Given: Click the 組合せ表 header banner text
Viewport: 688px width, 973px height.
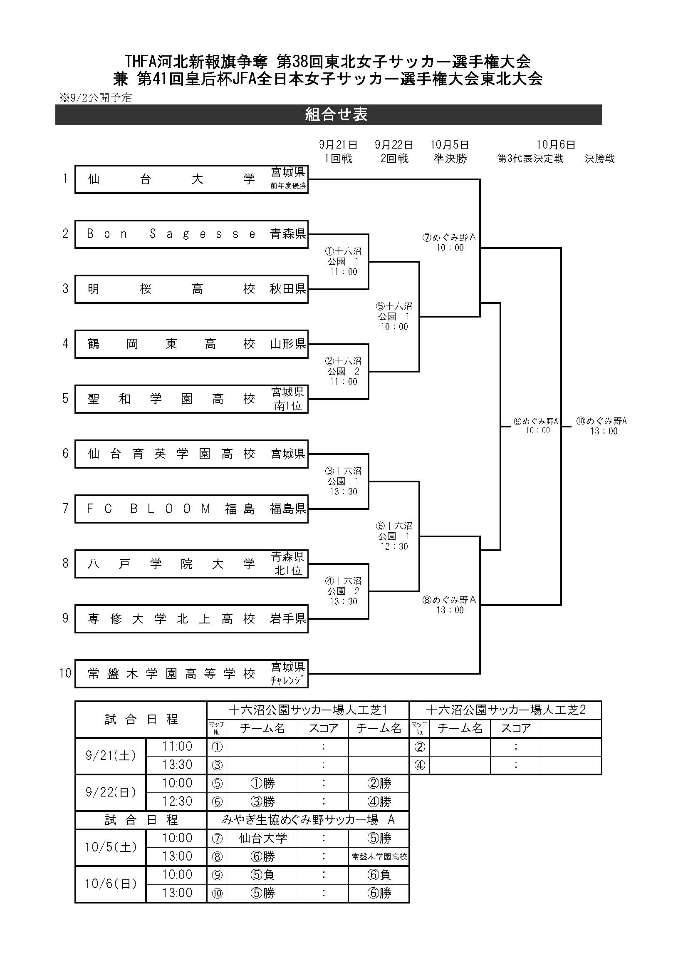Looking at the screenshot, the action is [x=337, y=114].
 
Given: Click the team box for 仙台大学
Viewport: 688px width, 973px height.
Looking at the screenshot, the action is [x=191, y=179].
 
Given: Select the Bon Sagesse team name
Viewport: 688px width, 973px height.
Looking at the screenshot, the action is [x=171, y=234].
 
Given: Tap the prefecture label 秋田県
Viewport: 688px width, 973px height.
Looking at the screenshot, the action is [x=288, y=289].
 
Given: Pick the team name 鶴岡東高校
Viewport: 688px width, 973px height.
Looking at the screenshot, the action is [x=171, y=344].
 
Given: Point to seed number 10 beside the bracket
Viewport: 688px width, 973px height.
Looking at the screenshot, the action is [x=65, y=673].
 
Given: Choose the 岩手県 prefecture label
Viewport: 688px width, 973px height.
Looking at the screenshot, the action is [x=288, y=618].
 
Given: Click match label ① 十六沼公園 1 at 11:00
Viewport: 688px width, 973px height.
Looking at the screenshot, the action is [x=344, y=261].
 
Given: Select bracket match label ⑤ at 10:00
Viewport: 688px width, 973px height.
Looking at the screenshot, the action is [x=394, y=316].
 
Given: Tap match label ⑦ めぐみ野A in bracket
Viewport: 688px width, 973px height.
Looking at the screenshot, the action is [x=450, y=242].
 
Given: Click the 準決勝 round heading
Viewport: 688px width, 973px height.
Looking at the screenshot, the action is [x=450, y=159].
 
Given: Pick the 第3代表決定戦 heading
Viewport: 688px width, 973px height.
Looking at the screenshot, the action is [x=530, y=159].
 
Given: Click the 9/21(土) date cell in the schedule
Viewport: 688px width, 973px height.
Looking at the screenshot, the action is [x=111, y=756].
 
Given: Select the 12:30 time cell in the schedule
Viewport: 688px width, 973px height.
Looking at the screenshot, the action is [x=177, y=802].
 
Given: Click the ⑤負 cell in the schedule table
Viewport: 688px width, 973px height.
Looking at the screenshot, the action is [x=262, y=875].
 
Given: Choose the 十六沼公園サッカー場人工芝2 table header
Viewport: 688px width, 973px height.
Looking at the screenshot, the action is [x=505, y=710].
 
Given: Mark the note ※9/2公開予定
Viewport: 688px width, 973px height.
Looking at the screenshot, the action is [x=96, y=98].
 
